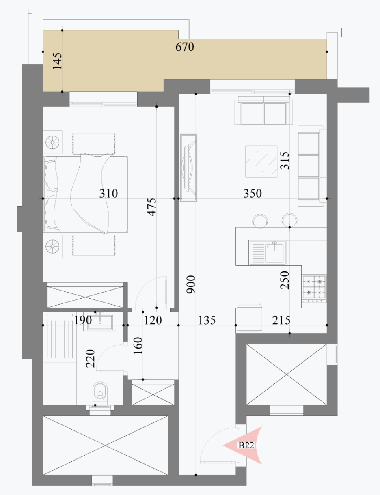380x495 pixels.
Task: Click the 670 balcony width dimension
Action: [185, 47]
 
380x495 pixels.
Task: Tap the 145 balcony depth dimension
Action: [57, 61]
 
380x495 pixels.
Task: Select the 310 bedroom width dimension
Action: [108, 194]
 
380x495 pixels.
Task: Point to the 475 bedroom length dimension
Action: [152, 207]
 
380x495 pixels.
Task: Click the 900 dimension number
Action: [191, 284]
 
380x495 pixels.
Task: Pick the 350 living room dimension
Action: [253, 194]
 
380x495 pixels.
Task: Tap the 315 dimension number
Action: [285, 161]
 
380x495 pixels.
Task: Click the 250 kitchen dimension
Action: [285, 280]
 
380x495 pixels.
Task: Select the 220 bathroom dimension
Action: [90, 359]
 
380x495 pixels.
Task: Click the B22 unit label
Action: [246, 445]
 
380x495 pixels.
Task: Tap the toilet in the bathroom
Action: [100, 394]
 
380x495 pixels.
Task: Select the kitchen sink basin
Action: [274, 253]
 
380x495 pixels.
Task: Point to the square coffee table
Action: [261, 161]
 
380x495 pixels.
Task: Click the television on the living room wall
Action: [189, 168]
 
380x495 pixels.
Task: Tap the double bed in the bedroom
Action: [85, 194]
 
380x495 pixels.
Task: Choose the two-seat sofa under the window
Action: [264, 110]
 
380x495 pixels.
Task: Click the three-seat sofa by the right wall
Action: [312, 166]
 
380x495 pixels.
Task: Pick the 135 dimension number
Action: [207, 320]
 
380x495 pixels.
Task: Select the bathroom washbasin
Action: [100, 321]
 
